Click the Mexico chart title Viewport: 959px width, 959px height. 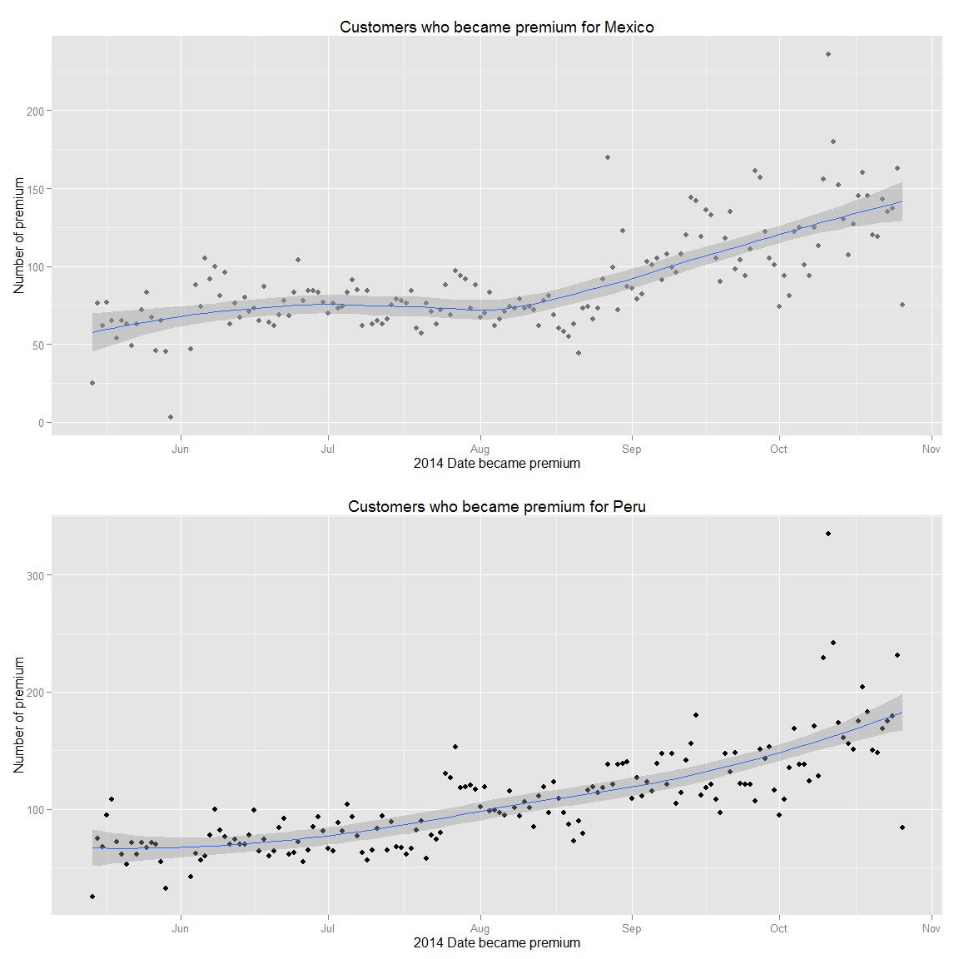496,27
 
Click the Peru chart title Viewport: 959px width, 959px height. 496,507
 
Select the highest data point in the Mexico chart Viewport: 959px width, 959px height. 827,54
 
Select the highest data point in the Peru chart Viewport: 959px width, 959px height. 827,534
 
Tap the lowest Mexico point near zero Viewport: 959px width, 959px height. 171,417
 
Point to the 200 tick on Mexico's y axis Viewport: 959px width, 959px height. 35,111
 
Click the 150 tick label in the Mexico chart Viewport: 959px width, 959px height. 35,189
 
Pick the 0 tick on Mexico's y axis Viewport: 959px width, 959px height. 41,423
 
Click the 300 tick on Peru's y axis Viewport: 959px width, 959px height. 35,575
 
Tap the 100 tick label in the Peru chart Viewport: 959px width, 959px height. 35,810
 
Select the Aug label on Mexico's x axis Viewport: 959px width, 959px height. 479,450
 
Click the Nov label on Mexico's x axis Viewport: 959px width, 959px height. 931,450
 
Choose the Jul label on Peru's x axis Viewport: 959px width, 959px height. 328,929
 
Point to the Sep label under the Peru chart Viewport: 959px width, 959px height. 631,929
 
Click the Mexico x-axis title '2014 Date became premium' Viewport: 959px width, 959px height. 496,464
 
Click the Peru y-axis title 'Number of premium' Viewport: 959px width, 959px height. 19,715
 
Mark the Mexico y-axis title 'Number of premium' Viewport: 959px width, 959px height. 19,236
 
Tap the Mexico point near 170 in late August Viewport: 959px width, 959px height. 608,157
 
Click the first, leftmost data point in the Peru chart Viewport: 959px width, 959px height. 92,897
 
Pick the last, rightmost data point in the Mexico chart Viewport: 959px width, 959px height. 902,305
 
